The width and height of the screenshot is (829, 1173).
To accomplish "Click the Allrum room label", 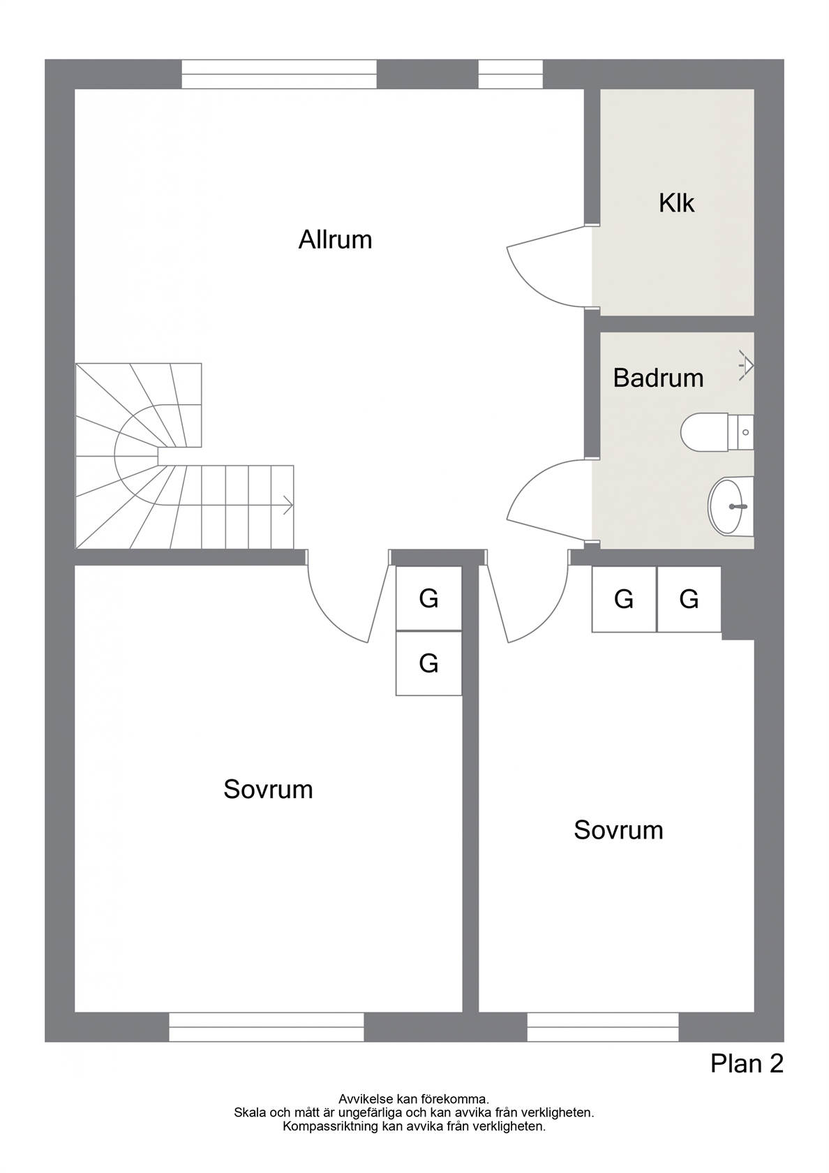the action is [335, 240].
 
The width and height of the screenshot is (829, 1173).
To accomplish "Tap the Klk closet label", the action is [676, 202].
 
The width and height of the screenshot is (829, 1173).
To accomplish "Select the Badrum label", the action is [658, 378].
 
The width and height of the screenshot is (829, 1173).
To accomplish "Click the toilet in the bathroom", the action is [717, 432].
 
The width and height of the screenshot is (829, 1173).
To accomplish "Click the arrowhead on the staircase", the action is [288, 505].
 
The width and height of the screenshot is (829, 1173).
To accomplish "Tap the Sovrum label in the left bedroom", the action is [268, 789].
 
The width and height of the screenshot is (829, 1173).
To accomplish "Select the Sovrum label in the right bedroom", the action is [618, 830].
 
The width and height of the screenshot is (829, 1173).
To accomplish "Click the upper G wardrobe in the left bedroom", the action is [428, 598].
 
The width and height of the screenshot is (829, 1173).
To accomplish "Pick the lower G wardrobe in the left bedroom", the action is [428, 663].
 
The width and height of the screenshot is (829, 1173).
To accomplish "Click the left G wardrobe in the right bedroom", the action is [625, 599].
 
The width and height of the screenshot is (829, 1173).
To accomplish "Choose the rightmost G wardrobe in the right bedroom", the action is [689, 599].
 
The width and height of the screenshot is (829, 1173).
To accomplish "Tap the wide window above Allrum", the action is [279, 74].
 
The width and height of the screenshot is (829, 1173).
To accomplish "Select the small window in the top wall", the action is [510, 74].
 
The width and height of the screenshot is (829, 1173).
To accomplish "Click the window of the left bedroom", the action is [266, 1027].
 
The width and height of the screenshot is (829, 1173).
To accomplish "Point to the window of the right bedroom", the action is [603, 1027].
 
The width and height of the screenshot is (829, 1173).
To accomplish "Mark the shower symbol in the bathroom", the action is [747, 365].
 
